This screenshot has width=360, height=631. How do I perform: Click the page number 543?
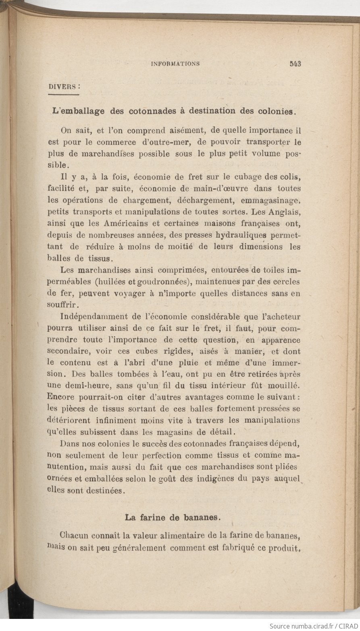(x=295, y=64)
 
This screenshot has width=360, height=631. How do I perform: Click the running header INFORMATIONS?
(x=175, y=64)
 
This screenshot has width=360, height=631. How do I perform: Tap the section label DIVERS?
(x=62, y=86)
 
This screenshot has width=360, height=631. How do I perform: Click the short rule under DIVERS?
(x=63, y=95)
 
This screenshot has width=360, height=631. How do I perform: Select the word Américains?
(x=120, y=223)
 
